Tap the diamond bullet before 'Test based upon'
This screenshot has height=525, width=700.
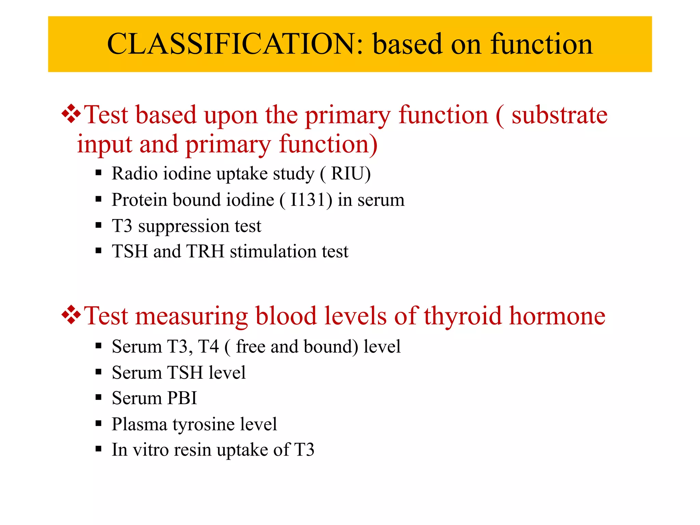click(71, 114)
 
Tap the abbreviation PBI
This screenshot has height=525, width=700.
click(182, 398)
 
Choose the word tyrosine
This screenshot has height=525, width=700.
click(203, 425)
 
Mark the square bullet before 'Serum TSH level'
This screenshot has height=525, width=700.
click(99, 372)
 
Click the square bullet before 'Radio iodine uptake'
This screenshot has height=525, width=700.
click(99, 173)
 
